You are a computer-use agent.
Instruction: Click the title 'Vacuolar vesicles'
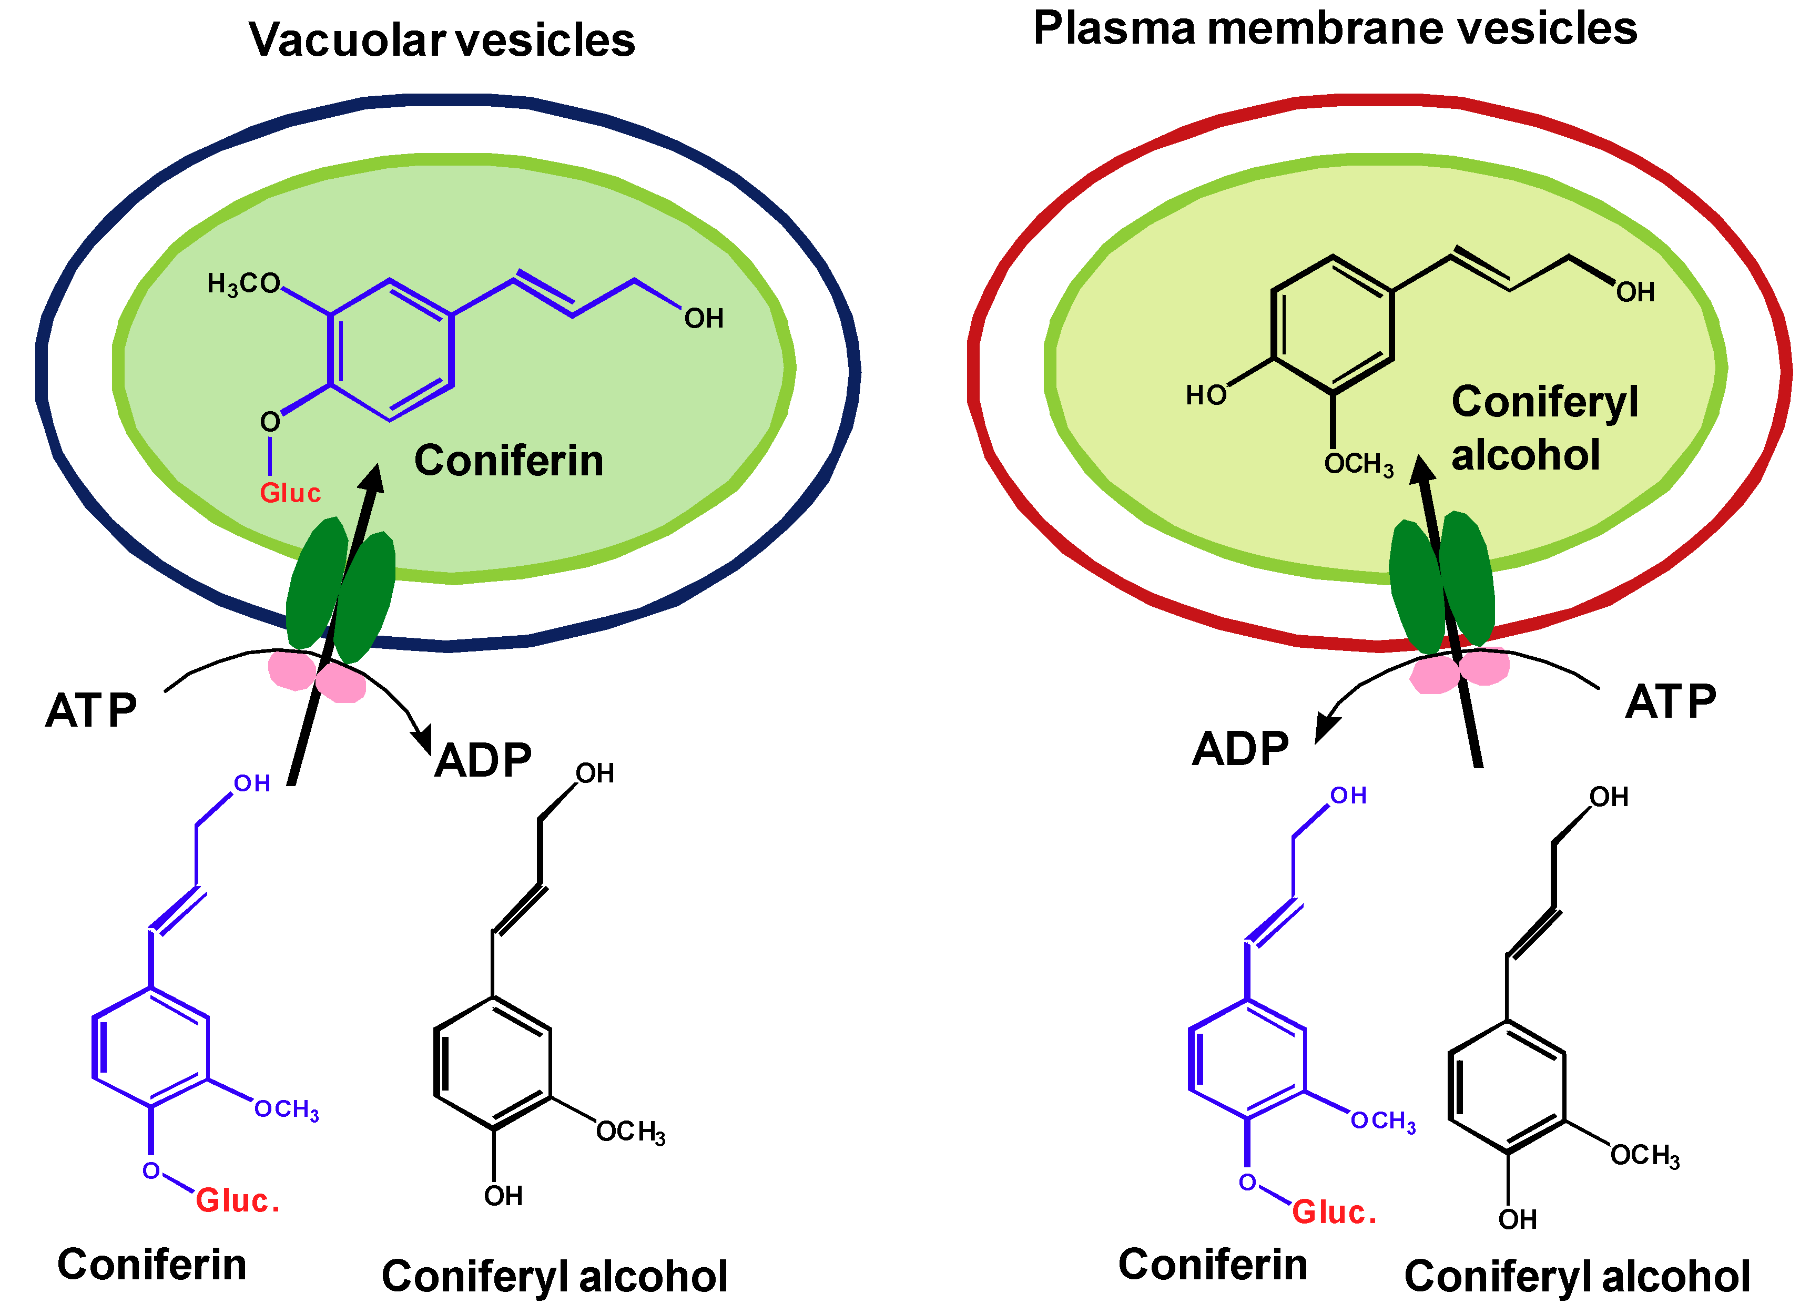pyautogui.click(x=441, y=40)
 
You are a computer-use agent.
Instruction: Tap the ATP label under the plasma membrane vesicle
pyautogui.click(x=1670, y=701)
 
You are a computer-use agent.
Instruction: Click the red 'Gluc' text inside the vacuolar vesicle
pyautogui.click(x=290, y=493)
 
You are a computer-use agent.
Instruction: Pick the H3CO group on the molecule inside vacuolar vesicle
pyautogui.click(x=242, y=283)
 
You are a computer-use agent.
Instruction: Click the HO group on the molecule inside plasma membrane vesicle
pyautogui.click(x=1205, y=395)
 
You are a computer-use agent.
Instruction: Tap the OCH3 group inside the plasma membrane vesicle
pyautogui.click(x=1358, y=464)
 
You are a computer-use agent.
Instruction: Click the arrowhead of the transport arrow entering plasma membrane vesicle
pyautogui.click(x=1421, y=471)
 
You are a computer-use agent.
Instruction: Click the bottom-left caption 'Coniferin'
pyautogui.click(x=151, y=1265)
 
